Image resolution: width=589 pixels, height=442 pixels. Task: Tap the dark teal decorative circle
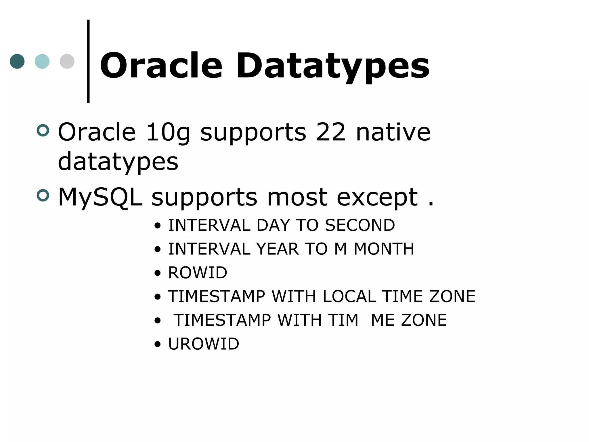17,61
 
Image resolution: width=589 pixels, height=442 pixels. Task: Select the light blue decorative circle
42,61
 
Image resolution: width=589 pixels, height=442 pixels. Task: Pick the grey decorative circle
67,61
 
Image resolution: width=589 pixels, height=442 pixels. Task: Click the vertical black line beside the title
88,61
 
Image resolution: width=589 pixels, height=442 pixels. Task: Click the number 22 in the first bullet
331,132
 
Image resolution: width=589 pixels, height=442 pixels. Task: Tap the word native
393,132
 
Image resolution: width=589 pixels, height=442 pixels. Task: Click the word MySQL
100,197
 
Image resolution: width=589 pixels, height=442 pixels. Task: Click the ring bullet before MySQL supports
43,196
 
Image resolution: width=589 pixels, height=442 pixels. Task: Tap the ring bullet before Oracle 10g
43,131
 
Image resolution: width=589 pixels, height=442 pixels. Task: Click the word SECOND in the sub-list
360,225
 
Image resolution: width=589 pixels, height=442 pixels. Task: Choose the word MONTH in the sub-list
384,249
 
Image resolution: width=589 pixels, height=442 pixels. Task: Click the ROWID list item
198,273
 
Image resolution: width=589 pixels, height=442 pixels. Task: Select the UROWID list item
204,344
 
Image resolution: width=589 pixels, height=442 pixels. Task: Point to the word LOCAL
349,296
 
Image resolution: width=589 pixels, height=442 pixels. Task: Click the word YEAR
278,249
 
